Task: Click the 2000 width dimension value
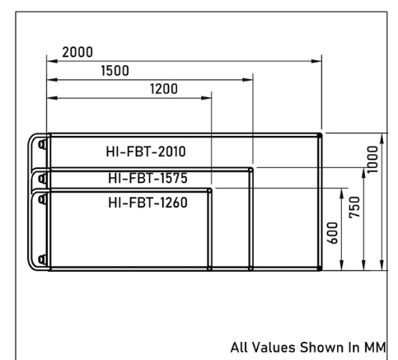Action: tap(77, 52)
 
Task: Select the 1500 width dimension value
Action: tap(115, 71)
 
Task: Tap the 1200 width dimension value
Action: tap(164, 89)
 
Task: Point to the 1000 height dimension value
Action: tap(372, 160)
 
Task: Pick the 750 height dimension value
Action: tap(354, 208)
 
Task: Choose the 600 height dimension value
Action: tap(332, 233)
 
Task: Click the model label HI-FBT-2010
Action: tap(146, 152)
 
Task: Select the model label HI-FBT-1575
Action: tap(147, 178)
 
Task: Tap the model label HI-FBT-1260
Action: tap(147, 203)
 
